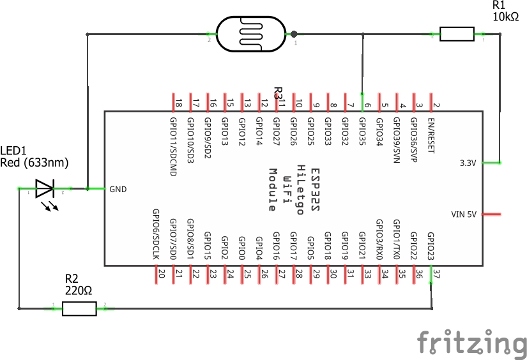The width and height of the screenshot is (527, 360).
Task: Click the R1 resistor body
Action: pyautogui.click(x=457, y=33)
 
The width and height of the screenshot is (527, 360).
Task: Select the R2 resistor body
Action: pyautogui.click(x=79, y=309)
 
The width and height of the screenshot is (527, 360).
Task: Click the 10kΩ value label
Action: pyautogui.click(x=506, y=17)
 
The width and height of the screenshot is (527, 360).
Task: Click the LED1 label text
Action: pyautogui.click(x=13, y=151)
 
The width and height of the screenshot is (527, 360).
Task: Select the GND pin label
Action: pyautogui.click(x=119, y=189)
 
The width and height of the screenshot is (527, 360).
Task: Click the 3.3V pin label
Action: pyautogui.click(x=468, y=163)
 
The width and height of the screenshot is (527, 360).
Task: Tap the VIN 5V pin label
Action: pyautogui.click(x=464, y=214)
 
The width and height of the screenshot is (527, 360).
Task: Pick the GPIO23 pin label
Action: pyautogui.click(x=431, y=244)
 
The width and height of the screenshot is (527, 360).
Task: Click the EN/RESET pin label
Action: pyautogui.click(x=432, y=135)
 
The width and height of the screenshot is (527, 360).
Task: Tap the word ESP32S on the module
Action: pyautogui.click(x=314, y=190)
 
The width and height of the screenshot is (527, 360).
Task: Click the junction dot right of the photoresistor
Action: pyautogui.click(x=294, y=34)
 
